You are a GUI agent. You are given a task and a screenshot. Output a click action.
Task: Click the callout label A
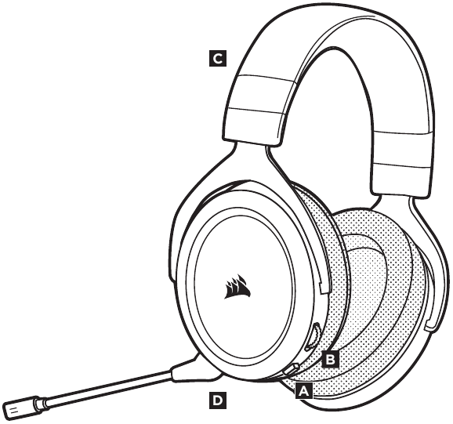(303, 391)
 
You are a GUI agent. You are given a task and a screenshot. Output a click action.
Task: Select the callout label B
(331, 360)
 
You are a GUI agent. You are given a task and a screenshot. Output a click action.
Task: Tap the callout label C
(218, 59)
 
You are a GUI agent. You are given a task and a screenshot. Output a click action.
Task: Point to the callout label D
(218, 400)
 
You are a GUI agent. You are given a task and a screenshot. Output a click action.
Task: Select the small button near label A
(291, 369)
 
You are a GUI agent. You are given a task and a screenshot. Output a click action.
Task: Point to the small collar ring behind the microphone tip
(41, 403)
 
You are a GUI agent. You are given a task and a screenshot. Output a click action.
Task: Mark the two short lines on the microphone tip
(13, 410)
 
